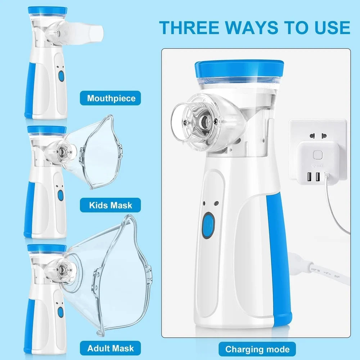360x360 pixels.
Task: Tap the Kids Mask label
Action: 111,206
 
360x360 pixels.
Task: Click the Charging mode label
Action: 257,349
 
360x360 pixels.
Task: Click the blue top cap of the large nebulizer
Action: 239,69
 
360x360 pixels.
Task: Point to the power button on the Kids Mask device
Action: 60,195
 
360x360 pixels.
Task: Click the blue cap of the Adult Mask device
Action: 47,248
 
